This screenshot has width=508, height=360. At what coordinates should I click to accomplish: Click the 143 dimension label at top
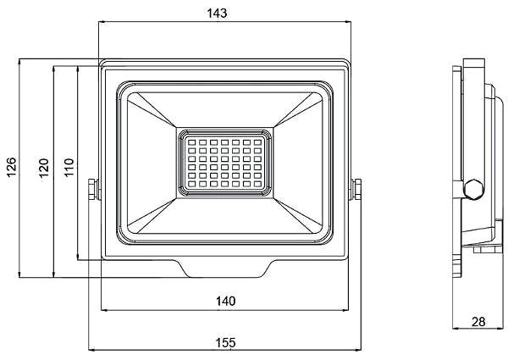click(217, 14)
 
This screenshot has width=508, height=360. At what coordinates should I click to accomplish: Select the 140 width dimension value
click(225, 302)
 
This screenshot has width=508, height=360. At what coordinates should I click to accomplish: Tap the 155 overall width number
click(225, 342)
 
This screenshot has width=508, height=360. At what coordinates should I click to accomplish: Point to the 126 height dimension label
click(11, 167)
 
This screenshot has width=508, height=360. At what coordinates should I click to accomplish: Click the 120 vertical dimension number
click(44, 168)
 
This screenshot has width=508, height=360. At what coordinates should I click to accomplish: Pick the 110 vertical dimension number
click(69, 167)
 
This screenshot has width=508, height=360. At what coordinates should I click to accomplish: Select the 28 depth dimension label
click(478, 322)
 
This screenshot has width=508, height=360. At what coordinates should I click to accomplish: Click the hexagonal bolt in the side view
click(473, 189)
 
